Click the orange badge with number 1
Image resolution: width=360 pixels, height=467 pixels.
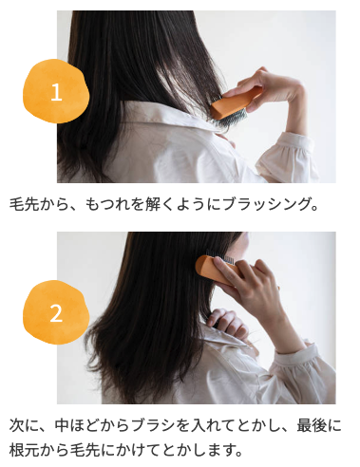(56, 91)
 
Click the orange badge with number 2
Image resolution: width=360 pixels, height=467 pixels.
(56, 312)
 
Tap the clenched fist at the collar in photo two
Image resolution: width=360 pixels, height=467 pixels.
(227, 323)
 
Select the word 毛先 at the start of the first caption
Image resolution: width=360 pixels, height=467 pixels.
(24, 204)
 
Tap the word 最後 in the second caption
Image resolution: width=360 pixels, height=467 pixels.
(311, 425)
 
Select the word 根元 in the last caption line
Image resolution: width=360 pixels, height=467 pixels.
(24, 450)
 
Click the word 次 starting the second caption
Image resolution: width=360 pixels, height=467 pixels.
(17, 425)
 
